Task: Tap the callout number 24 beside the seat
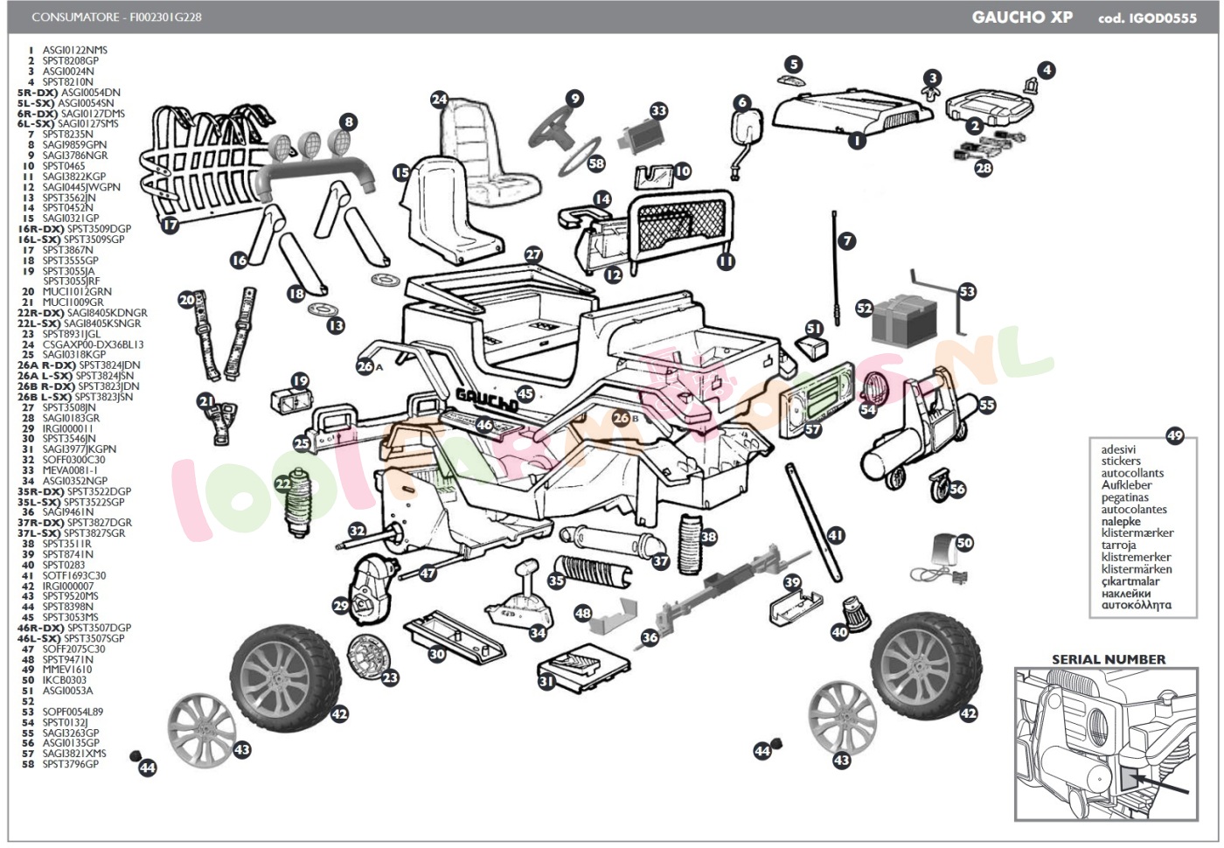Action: point(439,100)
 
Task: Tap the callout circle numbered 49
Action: point(1174,435)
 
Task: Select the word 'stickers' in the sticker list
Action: point(1121,461)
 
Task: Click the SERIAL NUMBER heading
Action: point(1108,659)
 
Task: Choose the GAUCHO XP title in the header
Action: point(1022,17)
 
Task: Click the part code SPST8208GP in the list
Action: point(71,60)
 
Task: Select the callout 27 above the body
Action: point(533,255)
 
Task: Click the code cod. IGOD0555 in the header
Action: point(1147,17)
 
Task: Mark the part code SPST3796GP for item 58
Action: point(71,764)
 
